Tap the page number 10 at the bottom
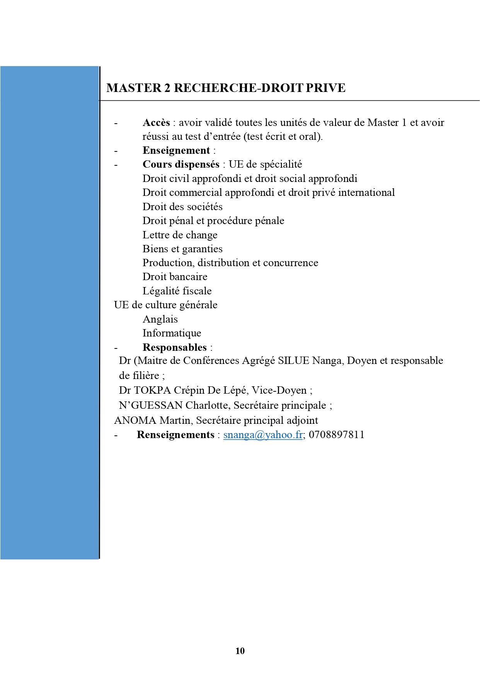(240, 651)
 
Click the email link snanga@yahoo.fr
(263, 435)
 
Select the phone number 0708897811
(337, 435)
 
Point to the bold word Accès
(156, 122)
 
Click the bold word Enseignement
(176, 150)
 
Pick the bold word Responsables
(175, 347)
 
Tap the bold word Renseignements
(175, 435)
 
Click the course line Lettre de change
(180, 235)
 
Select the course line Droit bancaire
(175, 277)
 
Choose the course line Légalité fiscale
(177, 291)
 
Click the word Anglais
(160, 319)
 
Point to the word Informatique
(172, 333)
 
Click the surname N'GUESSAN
(151, 405)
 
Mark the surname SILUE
(294, 360)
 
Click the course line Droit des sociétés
(182, 207)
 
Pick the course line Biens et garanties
(182, 249)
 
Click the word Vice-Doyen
(279, 390)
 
